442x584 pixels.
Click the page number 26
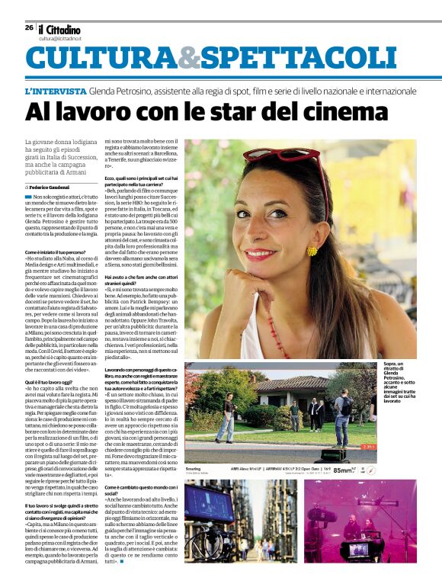tap(28, 28)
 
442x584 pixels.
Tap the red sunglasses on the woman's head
tap(298, 159)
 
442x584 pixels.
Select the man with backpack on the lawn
tap(342, 416)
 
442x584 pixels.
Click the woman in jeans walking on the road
tap(228, 416)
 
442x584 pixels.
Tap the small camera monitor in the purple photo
tap(351, 547)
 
